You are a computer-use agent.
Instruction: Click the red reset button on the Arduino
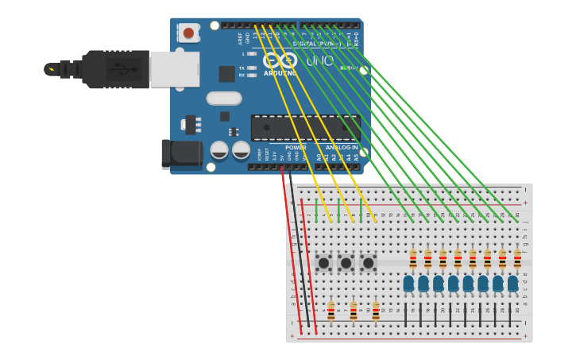188,33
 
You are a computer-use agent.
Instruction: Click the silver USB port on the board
175,69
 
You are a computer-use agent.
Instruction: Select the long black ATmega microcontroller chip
305,128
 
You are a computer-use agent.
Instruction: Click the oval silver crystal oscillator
224,99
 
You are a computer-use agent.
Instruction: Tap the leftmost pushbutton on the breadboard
323,262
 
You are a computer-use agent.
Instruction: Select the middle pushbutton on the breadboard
346,262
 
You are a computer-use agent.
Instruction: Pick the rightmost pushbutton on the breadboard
368,262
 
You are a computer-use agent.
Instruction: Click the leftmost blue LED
408,283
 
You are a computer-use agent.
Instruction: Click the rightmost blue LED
513,283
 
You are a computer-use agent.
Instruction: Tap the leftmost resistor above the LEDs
413,258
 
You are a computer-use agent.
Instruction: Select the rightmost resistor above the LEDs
517,258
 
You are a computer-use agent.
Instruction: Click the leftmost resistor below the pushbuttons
331,311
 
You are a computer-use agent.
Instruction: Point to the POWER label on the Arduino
296,147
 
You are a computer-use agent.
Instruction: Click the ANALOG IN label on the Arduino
341,147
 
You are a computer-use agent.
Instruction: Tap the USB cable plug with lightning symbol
52,69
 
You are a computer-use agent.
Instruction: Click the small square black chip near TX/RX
227,74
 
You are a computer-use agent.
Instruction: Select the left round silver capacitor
219,149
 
